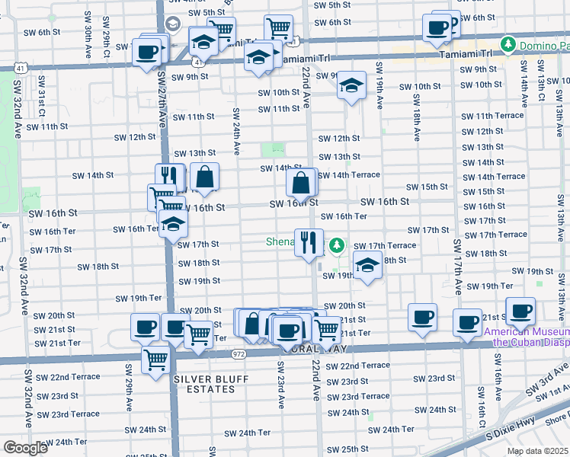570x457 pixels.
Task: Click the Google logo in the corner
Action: (25, 448)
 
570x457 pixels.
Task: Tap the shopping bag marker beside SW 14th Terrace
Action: (302, 183)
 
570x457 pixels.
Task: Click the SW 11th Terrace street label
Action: (493, 116)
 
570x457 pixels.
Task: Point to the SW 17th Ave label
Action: (457, 267)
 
